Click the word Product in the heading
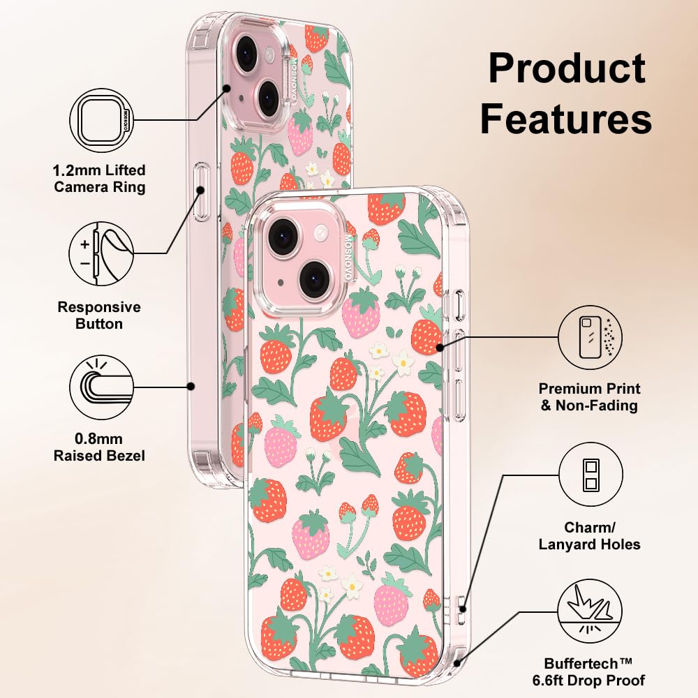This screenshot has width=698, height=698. (x=566, y=68)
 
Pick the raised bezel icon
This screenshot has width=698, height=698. (x=102, y=386)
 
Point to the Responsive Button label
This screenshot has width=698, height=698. (x=99, y=315)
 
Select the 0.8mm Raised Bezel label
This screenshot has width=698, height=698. (x=100, y=447)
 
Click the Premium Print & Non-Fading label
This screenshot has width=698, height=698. (x=590, y=397)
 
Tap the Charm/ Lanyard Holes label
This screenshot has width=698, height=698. (x=590, y=535)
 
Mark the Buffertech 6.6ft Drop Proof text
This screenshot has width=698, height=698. (x=595, y=671)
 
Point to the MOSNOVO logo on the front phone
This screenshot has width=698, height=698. (x=348, y=258)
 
